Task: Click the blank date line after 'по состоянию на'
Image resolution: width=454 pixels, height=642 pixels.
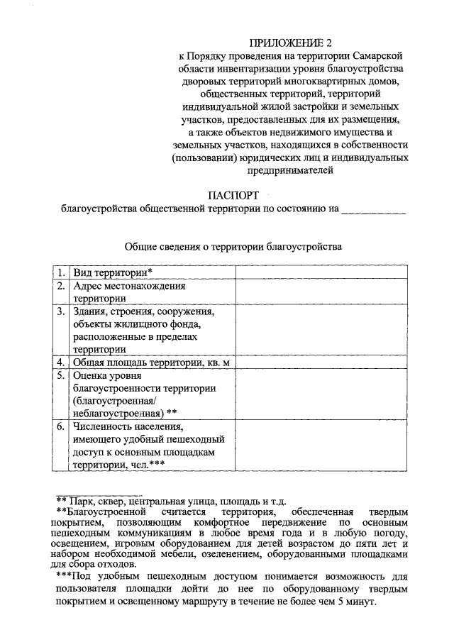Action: [x=373, y=209]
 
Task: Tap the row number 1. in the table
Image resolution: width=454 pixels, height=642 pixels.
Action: [x=62, y=272]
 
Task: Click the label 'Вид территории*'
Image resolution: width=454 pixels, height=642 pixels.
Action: [x=113, y=272]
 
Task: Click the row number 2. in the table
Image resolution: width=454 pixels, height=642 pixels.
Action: [x=62, y=287]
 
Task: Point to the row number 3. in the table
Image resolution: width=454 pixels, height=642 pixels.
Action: [x=62, y=311]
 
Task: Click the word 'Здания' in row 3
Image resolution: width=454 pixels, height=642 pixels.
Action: [x=90, y=311]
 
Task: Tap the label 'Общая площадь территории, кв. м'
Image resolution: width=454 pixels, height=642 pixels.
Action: [x=153, y=362]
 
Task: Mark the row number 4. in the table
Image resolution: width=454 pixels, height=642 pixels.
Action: [x=62, y=362]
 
